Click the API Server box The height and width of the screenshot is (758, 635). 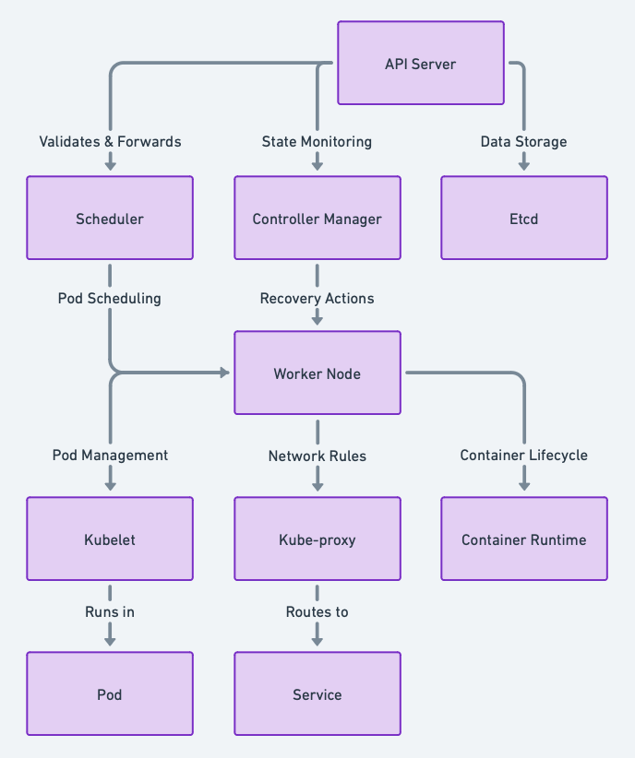pyautogui.click(x=420, y=64)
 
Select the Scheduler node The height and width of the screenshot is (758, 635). pyautogui.click(x=110, y=219)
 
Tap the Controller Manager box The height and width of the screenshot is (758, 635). pyautogui.click(x=317, y=219)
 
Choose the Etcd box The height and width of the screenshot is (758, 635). pyautogui.click(x=523, y=219)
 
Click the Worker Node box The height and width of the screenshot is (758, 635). pyautogui.click(x=317, y=373)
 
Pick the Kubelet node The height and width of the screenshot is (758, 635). pyautogui.click(x=110, y=539)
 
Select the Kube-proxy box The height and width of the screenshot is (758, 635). pyautogui.click(x=317, y=539)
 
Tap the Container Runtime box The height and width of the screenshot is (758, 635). pyautogui.click(x=523, y=539)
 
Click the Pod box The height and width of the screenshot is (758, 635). pyautogui.click(x=110, y=694)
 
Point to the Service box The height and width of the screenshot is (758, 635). pyautogui.click(x=317, y=694)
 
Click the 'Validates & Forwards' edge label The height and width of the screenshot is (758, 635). pyautogui.click(x=110, y=141)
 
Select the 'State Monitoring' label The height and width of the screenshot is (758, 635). pyautogui.click(x=317, y=141)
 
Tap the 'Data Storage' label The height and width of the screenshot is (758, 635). pyautogui.click(x=523, y=141)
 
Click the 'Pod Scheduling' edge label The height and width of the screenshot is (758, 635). pyautogui.click(x=110, y=298)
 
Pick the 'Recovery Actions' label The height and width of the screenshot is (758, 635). pyautogui.click(x=317, y=298)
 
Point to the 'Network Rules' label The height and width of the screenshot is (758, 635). pyautogui.click(x=317, y=455)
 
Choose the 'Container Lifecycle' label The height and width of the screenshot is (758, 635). pyautogui.click(x=523, y=455)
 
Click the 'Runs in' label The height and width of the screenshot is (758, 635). pyautogui.click(x=110, y=611)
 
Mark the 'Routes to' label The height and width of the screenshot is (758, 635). pyautogui.click(x=317, y=611)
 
